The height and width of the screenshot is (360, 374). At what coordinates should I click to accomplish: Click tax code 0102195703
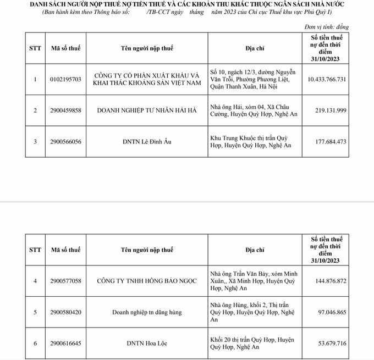click(65, 79)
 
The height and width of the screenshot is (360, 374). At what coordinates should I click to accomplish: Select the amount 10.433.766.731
click(327, 79)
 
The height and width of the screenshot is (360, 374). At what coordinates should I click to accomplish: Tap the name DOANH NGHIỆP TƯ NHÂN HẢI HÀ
click(147, 110)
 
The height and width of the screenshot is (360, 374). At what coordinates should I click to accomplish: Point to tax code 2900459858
click(65, 110)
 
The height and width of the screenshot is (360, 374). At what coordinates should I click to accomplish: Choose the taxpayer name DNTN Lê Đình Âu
click(147, 142)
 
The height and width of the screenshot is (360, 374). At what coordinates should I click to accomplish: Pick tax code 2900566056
click(65, 142)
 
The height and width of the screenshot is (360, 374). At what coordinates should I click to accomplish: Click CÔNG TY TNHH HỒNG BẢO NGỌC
click(147, 281)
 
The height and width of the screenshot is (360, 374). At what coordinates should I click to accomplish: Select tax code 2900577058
click(65, 281)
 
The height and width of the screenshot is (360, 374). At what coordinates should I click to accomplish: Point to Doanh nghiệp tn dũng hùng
click(147, 312)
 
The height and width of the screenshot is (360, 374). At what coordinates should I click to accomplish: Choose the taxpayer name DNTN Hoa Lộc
click(147, 344)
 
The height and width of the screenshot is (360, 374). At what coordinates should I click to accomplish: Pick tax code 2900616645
click(65, 344)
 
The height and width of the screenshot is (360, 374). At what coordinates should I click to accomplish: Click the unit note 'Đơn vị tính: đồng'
click(326, 26)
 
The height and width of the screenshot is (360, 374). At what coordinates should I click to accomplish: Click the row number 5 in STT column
click(35, 312)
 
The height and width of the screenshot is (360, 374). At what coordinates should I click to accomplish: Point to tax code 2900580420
click(65, 312)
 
